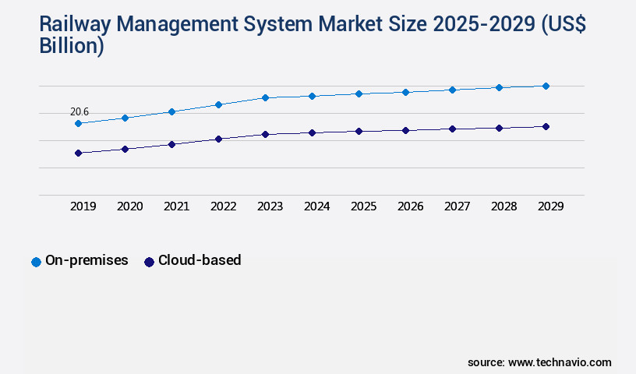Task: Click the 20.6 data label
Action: (x=79, y=112)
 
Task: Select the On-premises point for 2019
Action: (x=78, y=123)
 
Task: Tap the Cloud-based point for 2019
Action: (x=78, y=153)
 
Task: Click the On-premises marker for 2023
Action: (x=265, y=97)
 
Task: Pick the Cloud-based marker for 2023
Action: (x=265, y=134)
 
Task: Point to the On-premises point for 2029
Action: (x=546, y=86)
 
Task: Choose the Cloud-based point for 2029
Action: (x=546, y=126)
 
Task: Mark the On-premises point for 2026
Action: (x=405, y=92)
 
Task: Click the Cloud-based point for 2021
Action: (x=171, y=144)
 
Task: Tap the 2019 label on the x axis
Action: (x=83, y=206)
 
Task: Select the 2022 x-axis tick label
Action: (x=224, y=206)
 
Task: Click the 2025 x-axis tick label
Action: (x=364, y=206)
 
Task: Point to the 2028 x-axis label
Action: (x=504, y=206)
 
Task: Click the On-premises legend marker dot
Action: (x=36, y=262)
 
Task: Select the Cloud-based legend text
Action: (x=200, y=261)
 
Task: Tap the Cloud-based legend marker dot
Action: (x=149, y=262)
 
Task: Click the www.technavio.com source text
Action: (x=560, y=362)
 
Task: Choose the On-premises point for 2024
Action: (x=312, y=96)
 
